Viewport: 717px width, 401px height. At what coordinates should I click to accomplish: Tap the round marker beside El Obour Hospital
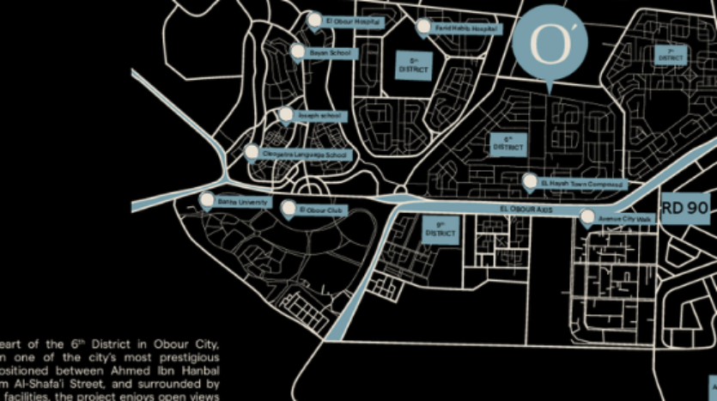point(314,20)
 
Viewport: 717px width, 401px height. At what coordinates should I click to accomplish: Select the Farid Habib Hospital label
point(466,29)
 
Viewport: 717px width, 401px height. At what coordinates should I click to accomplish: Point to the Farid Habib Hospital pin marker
point(423,27)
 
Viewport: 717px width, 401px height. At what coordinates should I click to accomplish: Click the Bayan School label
point(331,53)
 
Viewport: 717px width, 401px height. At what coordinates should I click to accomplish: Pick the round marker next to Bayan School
point(298,52)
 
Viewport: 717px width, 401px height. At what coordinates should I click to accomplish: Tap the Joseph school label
point(319,116)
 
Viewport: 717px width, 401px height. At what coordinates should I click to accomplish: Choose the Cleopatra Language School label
point(305,155)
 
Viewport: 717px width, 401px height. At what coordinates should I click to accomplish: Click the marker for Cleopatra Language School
point(251,152)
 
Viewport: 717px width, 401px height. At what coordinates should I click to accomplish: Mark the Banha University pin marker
point(206,200)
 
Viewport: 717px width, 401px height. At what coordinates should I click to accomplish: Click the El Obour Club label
point(321,210)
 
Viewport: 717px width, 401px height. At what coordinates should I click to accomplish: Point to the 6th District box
point(507,144)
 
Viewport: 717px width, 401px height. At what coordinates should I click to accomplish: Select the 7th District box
point(671,55)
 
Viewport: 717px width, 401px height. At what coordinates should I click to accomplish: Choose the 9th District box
point(440,229)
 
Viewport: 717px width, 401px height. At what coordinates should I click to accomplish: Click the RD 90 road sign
point(684,207)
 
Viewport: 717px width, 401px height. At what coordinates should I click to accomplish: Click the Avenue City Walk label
point(626,220)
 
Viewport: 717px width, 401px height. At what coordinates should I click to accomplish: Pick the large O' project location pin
point(549,43)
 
